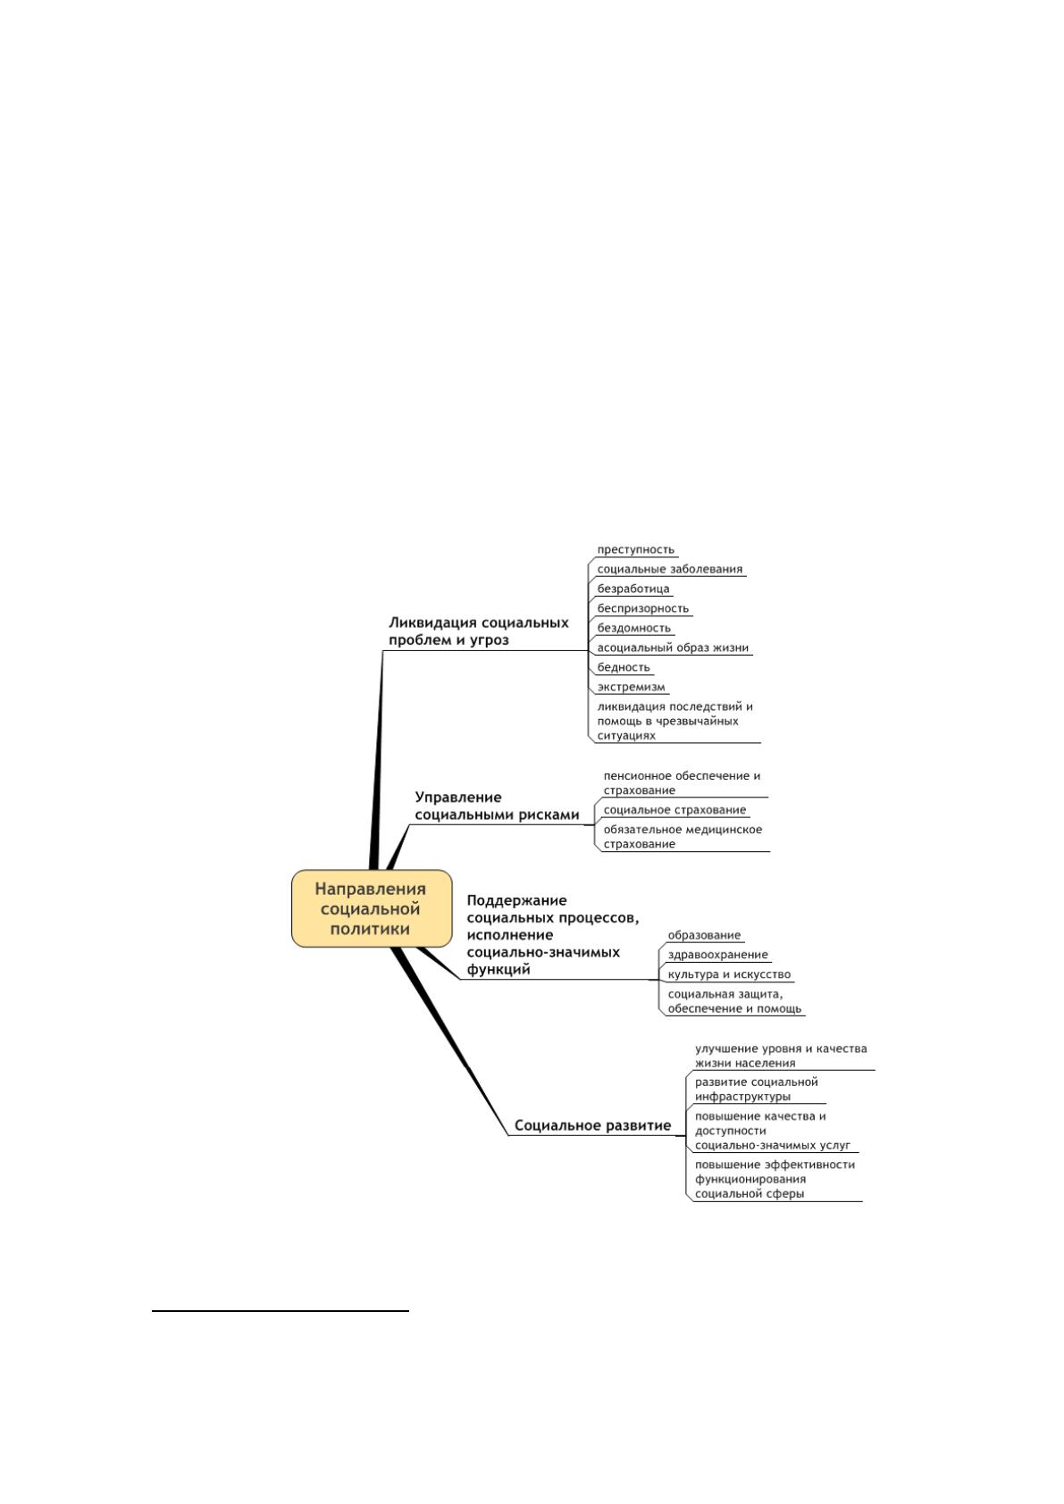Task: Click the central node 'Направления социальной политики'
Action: click(x=372, y=908)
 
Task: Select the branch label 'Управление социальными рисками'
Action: click(x=497, y=806)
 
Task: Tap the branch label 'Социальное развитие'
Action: click(x=592, y=1125)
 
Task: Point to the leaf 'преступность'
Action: click(x=635, y=549)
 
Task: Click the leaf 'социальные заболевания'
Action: click(x=670, y=570)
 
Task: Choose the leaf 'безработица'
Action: click(x=633, y=589)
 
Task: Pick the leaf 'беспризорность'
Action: click(x=643, y=608)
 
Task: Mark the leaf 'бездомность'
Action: click(x=634, y=628)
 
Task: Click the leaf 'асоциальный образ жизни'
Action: click(x=673, y=648)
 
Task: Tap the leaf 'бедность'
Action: click(x=624, y=667)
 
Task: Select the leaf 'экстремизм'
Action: click(x=631, y=687)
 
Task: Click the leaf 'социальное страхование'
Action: click(x=674, y=810)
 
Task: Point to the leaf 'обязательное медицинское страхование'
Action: click(x=683, y=837)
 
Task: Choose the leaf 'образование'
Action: click(x=704, y=935)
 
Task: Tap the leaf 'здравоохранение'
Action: click(x=717, y=955)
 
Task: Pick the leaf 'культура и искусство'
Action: click(x=729, y=974)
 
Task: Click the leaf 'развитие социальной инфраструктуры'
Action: click(x=757, y=1089)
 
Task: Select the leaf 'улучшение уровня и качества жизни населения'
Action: click(x=781, y=1056)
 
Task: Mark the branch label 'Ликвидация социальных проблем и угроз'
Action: click(x=478, y=631)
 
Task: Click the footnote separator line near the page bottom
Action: click(x=281, y=1310)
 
